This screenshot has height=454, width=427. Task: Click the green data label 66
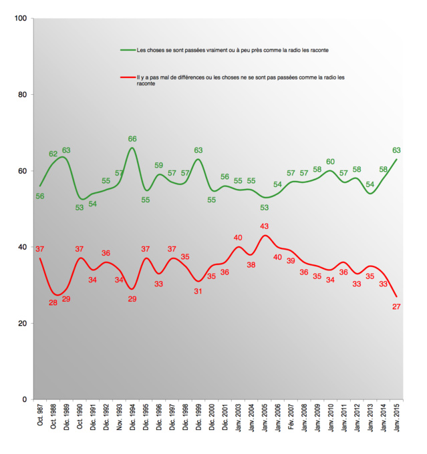pyautogui.click(x=132, y=140)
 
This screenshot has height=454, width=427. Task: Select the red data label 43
pyautogui.click(x=264, y=226)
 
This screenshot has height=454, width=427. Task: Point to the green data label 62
pyautogui.click(x=53, y=154)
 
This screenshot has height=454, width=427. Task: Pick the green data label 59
pyautogui.click(x=159, y=166)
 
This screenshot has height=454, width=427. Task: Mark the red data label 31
pyautogui.click(x=198, y=291)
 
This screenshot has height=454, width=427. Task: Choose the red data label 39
pyautogui.click(x=291, y=261)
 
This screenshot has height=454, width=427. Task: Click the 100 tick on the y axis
pyautogui.click(x=20, y=18)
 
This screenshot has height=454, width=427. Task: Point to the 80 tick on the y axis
pyautogui.click(x=22, y=94)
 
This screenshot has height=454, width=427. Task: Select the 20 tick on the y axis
pyautogui.click(x=22, y=323)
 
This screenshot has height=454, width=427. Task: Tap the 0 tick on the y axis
pyautogui.click(x=24, y=399)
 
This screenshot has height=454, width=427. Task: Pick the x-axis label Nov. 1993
pyautogui.click(x=119, y=421)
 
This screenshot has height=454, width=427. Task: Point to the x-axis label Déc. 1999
pyautogui.click(x=198, y=421)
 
